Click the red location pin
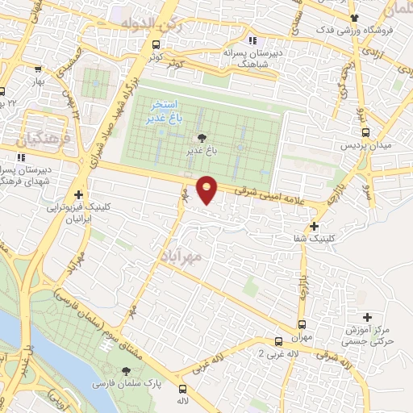coord(207,190)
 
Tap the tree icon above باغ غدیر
coord(201,138)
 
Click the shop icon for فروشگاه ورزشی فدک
coord(353,17)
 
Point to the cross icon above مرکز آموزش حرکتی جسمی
coord(368,317)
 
